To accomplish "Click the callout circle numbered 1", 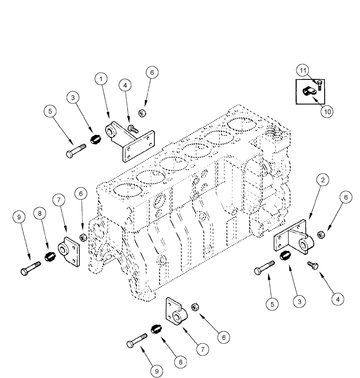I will click(100, 79).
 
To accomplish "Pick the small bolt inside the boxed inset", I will click(319, 85).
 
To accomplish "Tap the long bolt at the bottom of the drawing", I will click(136, 341).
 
